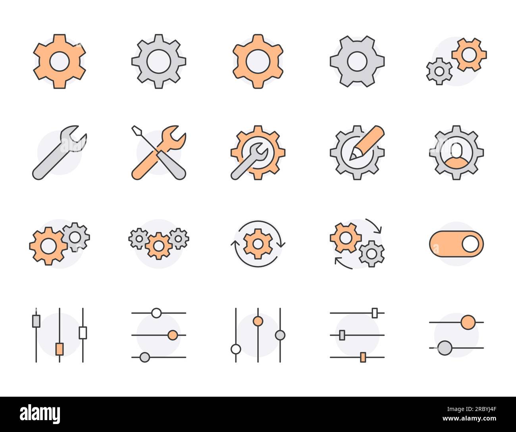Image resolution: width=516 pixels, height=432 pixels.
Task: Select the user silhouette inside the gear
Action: click(x=456, y=153)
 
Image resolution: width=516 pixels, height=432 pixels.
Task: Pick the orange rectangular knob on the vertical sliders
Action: click(x=60, y=349)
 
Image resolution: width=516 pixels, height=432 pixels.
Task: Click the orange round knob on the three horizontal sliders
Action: click(x=172, y=335)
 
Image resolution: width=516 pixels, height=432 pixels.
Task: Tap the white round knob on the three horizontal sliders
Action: click(x=156, y=313)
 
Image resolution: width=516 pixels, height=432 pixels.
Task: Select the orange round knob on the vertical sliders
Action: click(x=258, y=321)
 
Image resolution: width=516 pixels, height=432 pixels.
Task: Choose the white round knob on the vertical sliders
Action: click(x=236, y=349)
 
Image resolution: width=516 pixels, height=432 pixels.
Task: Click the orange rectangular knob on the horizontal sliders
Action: click(x=362, y=357)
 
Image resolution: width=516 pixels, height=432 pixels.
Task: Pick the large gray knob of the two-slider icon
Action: click(x=445, y=348)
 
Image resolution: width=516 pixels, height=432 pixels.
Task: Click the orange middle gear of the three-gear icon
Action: click(x=159, y=246)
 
